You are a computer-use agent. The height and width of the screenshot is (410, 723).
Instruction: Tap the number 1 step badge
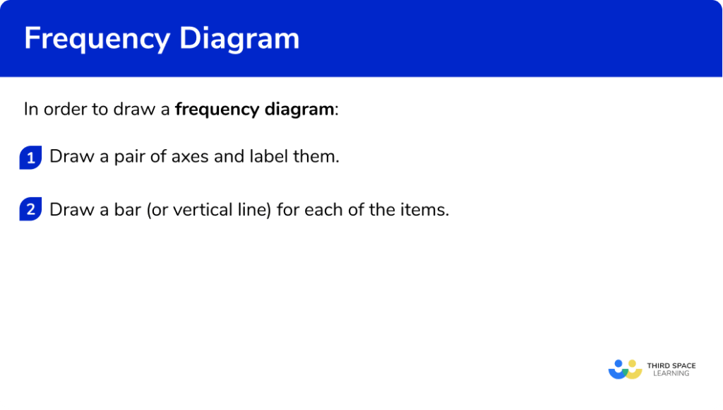pyautogui.click(x=30, y=158)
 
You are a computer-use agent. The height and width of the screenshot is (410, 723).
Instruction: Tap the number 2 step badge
pyautogui.click(x=30, y=210)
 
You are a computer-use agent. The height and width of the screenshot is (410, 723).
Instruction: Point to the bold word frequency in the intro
pyautogui.click(x=217, y=110)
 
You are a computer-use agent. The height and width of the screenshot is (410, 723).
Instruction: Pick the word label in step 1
pyautogui.click(x=268, y=156)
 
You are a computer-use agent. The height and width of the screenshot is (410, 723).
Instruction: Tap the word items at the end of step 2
pyautogui.click(x=427, y=210)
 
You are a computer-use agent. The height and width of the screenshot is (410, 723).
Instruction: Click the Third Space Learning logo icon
pyautogui.click(x=625, y=369)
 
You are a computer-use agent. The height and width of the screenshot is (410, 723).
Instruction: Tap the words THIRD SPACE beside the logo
pyautogui.click(x=671, y=365)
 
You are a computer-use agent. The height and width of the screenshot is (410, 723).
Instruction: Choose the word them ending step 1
pyautogui.click(x=316, y=156)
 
